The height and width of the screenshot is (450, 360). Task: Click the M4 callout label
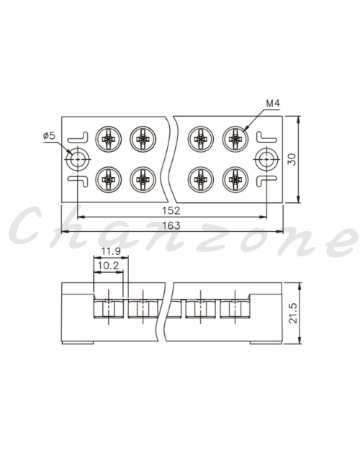pos(273,103)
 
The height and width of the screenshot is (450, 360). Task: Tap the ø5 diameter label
pos(49,135)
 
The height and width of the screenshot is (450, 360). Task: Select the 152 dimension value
pos(171,211)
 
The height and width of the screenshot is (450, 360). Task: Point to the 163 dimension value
pos(171,225)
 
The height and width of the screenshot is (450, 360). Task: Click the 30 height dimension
pos(292,159)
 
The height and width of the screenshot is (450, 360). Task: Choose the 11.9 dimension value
pos(111,251)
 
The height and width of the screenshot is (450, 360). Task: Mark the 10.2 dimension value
pos(108,266)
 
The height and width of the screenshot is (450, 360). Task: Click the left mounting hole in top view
pos(78,159)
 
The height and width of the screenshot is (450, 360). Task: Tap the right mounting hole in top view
pos(267,159)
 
